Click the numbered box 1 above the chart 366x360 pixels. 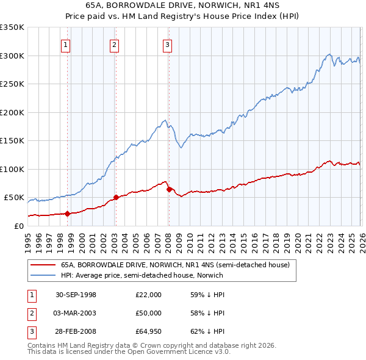(65, 44)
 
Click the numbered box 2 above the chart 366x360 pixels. (114, 44)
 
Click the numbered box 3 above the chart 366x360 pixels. (167, 44)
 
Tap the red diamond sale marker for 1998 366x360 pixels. (68, 214)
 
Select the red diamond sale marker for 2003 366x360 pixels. (116, 198)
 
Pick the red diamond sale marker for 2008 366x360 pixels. (169, 189)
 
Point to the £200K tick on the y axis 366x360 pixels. (12, 112)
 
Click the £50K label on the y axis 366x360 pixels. (14, 198)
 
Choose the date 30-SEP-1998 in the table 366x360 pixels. (76, 295)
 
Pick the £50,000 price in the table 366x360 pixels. (149, 313)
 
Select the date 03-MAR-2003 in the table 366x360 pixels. (76, 313)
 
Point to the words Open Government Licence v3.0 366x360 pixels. (182, 352)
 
